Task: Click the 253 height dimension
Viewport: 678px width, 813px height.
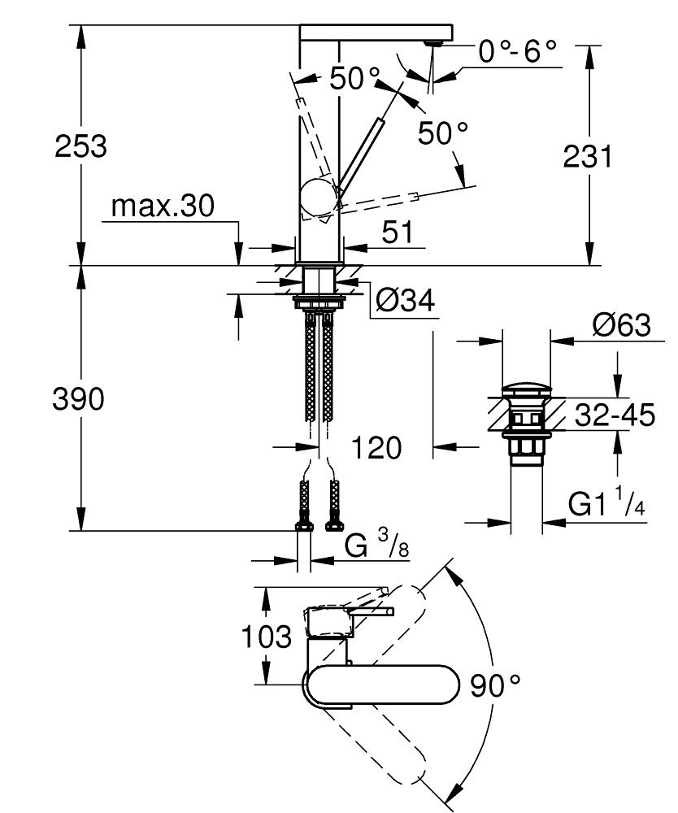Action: coord(80,147)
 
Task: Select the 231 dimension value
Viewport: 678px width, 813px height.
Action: coord(587,156)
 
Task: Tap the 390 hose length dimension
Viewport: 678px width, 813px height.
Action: coord(80,399)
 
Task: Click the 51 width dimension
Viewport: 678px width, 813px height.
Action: coord(397,233)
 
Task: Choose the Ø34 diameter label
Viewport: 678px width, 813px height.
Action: coord(405,302)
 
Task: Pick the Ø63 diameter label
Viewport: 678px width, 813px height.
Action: coord(621,325)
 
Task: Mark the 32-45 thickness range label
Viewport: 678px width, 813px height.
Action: coord(615,415)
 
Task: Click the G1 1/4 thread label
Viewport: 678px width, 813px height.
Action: coord(606,506)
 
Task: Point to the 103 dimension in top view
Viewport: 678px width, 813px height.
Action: coord(266,637)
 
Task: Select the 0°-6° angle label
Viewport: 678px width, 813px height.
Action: coord(517,52)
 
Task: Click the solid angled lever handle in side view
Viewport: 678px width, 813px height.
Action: coord(361,155)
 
